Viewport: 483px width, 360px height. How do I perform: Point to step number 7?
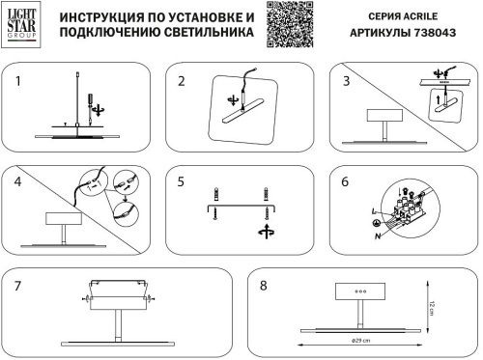[x=17, y=286]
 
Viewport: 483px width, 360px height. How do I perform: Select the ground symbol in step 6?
[x=378, y=222]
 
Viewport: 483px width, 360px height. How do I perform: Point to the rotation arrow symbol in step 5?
[x=264, y=231]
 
